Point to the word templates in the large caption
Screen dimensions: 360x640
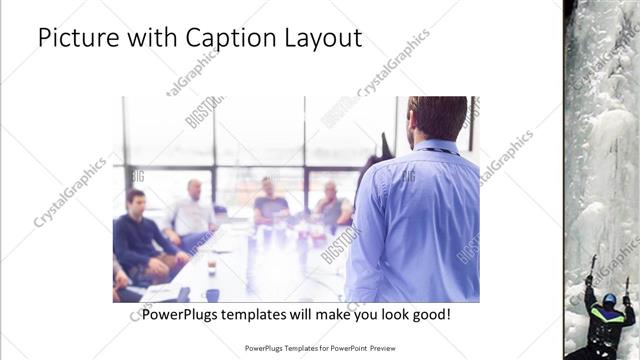coord(273,314)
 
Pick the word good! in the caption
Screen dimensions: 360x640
coord(429,314)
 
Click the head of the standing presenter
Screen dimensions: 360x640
coord(437,117)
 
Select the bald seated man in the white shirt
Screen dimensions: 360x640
coord(193,210)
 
